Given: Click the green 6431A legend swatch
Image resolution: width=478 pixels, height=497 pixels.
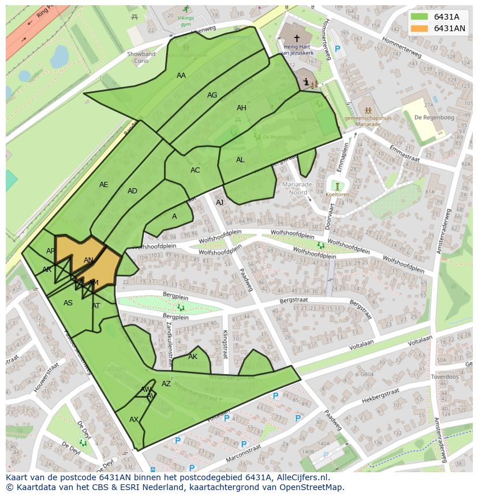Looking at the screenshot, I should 419,17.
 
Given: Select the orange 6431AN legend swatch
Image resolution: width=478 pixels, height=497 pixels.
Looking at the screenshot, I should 419,28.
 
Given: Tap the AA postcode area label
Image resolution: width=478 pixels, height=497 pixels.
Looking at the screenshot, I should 181,76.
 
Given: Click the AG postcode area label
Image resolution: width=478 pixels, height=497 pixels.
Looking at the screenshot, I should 212,95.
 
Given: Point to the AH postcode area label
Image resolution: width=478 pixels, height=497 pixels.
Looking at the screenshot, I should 241,108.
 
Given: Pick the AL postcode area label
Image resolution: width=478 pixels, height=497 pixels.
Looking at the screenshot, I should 240,160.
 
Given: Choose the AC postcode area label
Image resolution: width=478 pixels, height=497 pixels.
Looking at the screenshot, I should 195,170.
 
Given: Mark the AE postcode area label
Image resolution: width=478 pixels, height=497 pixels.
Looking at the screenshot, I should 103,185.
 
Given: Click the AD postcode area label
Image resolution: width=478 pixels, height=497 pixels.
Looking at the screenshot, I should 132,191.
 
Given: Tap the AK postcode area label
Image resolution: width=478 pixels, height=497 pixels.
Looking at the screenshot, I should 193,357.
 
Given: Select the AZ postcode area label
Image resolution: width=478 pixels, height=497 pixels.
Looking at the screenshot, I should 166,384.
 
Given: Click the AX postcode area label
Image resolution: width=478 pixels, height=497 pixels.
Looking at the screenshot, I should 134,420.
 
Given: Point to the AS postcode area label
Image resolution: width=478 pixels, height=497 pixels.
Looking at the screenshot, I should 68,303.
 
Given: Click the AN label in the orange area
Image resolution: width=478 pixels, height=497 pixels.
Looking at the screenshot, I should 88,260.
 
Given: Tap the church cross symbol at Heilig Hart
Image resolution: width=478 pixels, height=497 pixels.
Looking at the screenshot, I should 297,38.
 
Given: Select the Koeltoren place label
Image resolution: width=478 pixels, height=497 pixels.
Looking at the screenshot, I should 337,195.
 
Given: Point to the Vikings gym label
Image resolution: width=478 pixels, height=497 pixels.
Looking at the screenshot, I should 185,21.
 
